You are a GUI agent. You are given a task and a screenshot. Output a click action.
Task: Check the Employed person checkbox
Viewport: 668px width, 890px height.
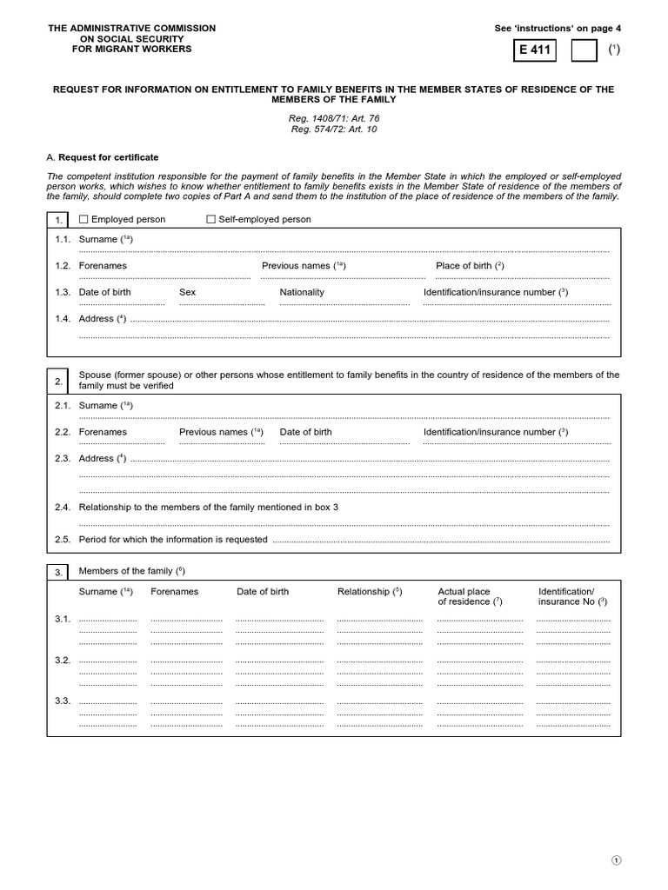tap(83, 220)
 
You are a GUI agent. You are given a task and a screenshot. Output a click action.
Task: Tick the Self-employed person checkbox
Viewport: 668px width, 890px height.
tap(210, 220)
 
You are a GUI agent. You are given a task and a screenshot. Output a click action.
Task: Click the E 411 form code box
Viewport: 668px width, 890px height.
tap(535, 50)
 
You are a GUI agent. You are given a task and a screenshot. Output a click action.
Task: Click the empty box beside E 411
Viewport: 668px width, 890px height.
tap(584, 50)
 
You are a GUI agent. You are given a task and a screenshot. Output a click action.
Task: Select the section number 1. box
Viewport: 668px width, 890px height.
tap(58, 220)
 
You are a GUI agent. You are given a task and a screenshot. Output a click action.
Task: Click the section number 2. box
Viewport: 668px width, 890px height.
tap(58, 381)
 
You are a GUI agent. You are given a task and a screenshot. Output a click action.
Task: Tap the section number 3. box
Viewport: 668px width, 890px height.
tap(58, 572)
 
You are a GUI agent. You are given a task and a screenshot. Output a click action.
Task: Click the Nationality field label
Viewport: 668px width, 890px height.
tap(302, 292)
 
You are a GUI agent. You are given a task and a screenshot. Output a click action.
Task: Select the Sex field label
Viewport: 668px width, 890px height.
tap(187, 292)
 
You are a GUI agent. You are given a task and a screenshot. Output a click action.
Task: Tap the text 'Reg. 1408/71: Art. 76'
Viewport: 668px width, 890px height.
tap(335, 118)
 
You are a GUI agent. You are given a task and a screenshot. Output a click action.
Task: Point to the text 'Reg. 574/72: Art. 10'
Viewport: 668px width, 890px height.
tap(335, 130)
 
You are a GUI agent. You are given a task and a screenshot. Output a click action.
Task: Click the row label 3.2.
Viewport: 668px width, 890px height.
tap(62, 660)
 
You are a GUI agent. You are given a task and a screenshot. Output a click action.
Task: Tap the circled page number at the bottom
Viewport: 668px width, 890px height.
tap(616, 860)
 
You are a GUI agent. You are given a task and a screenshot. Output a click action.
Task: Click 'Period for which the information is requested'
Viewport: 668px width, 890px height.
tap(173, 540)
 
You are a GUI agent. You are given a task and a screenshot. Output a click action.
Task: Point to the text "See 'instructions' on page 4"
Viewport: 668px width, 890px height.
tap(558, 29)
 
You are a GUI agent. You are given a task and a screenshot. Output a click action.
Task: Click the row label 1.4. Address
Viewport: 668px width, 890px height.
tap(90, 319)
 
